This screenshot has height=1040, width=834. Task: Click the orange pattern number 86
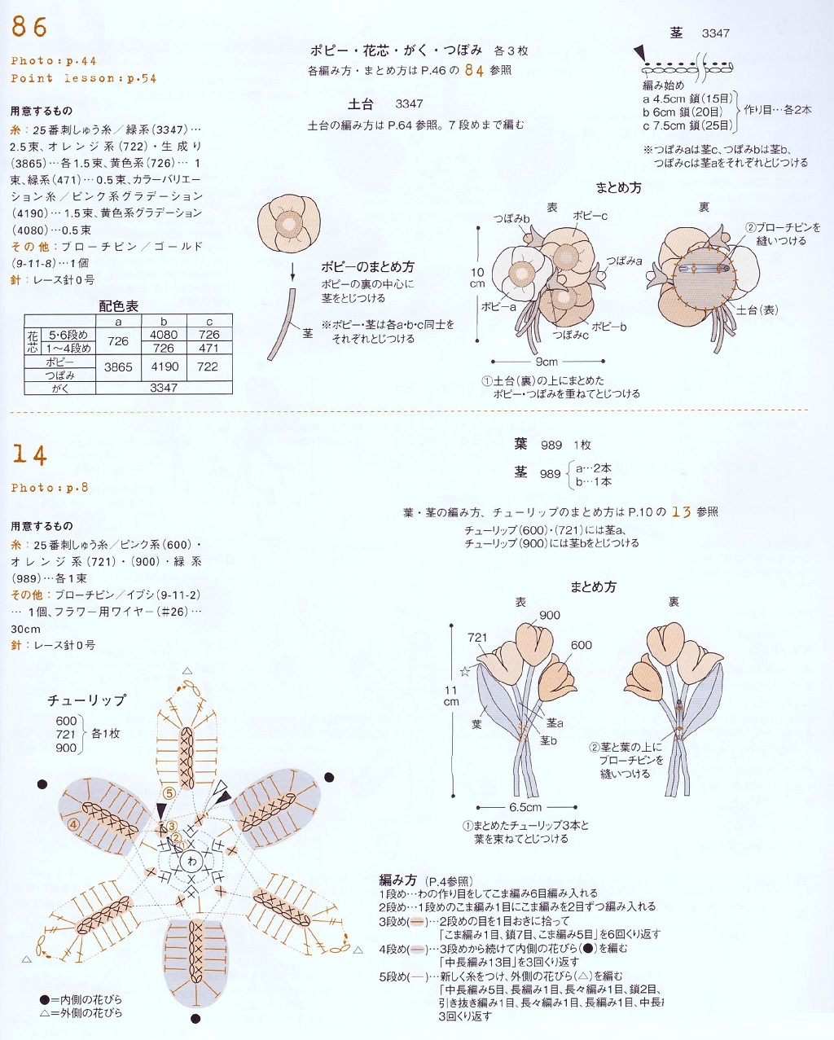click(x=29, y=27)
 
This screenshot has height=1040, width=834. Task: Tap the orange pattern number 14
click(x=29, y=454)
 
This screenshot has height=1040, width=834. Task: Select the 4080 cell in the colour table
click(x=164, y=335)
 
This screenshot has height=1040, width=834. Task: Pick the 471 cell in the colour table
click(x=208, y=348)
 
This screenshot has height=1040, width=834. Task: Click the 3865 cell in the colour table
click(x=118, y=367)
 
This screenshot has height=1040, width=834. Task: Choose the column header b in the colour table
click(x=164, y=322)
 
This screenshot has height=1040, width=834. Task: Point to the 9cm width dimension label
click(x=546, y=362)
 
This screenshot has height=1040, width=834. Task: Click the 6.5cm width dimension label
click(x=525, y=807)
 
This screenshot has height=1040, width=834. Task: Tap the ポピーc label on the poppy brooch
click(x=590, y=216)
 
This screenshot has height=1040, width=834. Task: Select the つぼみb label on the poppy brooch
click(x=511, y=218)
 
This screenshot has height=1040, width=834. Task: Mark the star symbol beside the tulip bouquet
click(x=465, y=672)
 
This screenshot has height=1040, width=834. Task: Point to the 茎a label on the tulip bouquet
click(x=555, y=722)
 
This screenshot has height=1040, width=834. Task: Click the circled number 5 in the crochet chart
click(x=169, y=792)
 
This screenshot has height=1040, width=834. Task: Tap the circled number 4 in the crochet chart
click(x=73, y=824)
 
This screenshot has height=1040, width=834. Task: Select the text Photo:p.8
click(x=50, y=488)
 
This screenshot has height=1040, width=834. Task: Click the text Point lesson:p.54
click(x=83, y=79)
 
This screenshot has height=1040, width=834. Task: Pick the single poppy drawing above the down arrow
click(x=289, y=224)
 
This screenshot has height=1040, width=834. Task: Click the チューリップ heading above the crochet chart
click(x=86, y=700)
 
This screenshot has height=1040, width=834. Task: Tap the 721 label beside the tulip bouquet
click(x=477, y=638)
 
